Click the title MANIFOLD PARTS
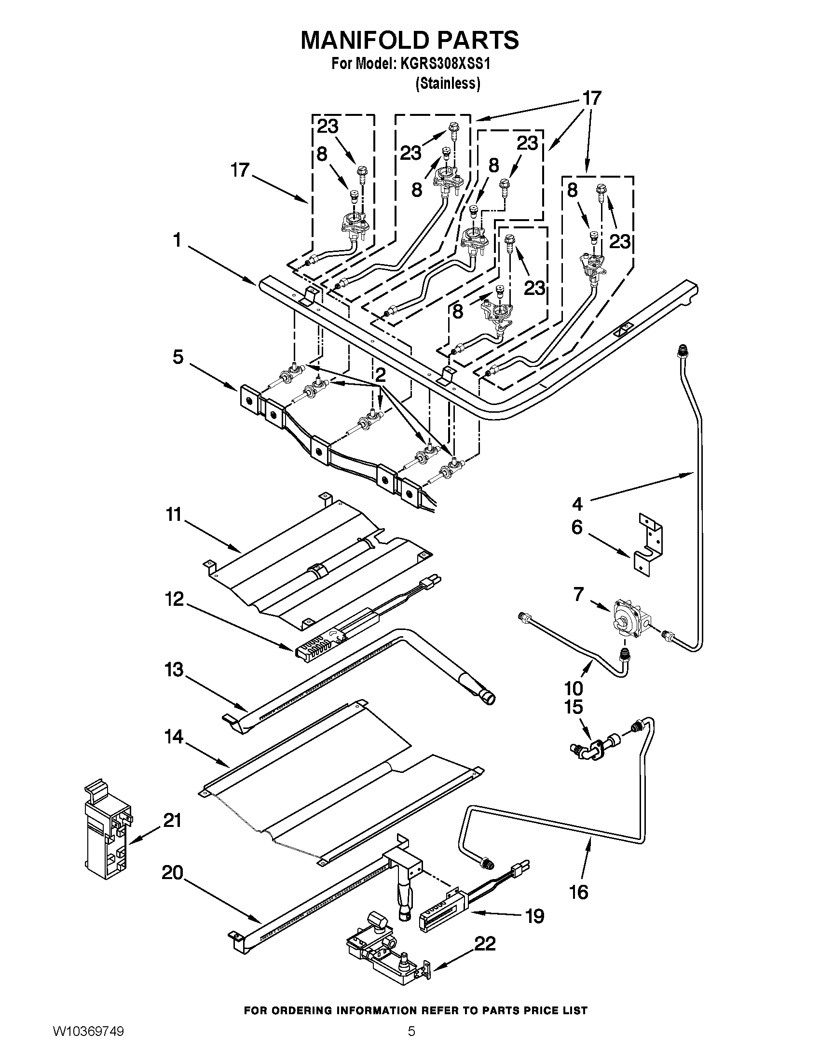410,40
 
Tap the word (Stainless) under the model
448,84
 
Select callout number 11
174,514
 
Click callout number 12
174,599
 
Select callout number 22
485,943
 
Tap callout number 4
577,504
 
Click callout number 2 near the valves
381,375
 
